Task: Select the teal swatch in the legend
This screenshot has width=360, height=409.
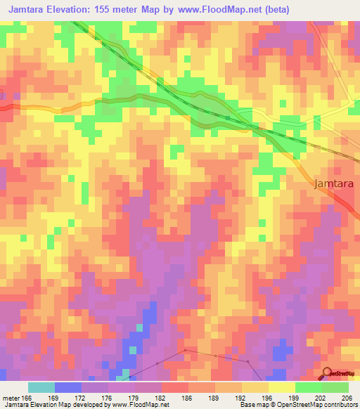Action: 41,387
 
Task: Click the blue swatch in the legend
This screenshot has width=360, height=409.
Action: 68,387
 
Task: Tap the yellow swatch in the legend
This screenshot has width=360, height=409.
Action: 281,387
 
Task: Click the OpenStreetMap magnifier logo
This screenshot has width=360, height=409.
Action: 328,372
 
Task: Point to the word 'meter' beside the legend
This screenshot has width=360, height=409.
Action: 9,397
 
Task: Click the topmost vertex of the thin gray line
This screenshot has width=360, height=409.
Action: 185,349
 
